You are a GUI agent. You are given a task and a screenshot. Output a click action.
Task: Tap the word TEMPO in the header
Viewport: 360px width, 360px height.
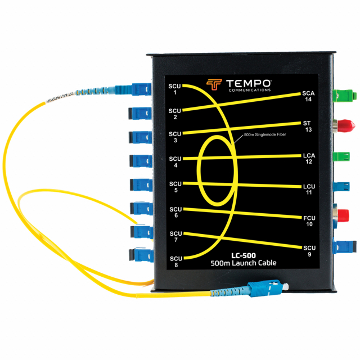coord(250,82)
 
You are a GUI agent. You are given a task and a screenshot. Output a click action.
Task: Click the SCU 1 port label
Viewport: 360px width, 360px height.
coord(175,89)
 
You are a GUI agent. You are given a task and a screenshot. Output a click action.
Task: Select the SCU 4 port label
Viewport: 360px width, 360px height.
coord(175,162)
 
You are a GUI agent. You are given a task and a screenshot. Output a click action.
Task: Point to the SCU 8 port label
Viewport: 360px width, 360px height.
coord(175,261)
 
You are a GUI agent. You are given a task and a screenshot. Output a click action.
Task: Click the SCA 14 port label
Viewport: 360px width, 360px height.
coord(308,96)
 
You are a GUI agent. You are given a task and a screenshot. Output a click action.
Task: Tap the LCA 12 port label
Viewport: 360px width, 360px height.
coord(309,158)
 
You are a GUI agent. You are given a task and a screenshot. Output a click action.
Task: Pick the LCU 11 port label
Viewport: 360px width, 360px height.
coord(309,188)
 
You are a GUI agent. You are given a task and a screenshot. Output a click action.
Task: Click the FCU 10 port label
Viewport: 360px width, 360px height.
coord(309,220)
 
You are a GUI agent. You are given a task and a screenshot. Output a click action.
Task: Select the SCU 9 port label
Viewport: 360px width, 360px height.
coord(309,251)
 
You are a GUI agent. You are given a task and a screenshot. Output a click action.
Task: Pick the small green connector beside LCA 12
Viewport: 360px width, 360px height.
coord(341,157)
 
